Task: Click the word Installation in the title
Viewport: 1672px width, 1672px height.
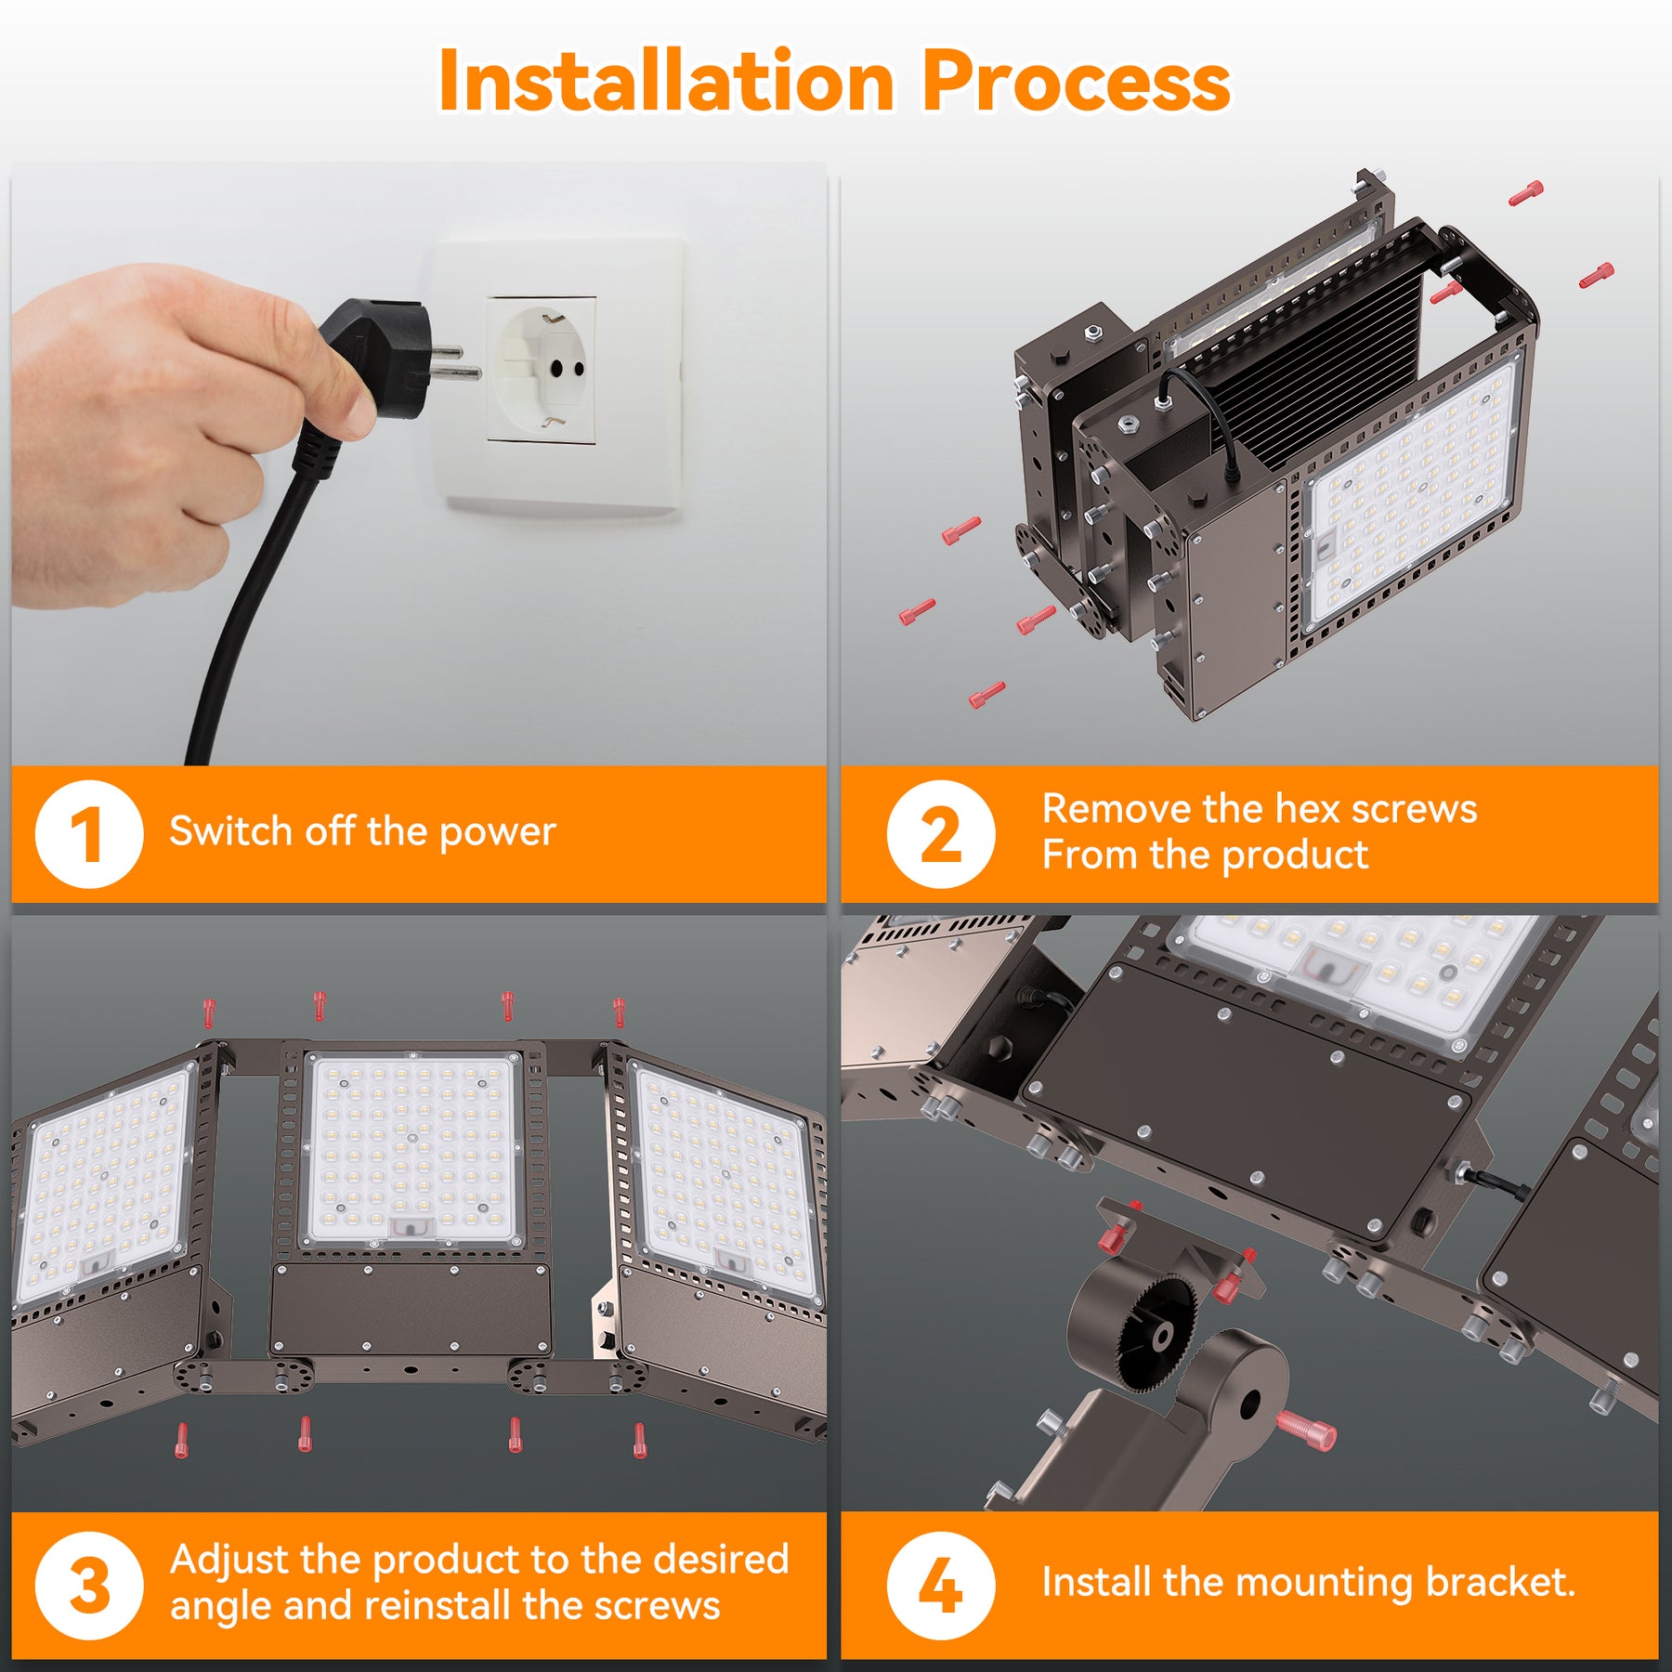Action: [667, 82]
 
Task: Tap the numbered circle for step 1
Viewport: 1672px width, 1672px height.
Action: [89, 834]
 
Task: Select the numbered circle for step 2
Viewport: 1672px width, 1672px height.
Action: [941, 834]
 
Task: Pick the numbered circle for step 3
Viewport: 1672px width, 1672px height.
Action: [89, 1586]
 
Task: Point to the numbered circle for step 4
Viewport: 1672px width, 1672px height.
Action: [941, 1586]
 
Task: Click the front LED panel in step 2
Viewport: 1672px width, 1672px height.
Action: [1411, 492]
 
